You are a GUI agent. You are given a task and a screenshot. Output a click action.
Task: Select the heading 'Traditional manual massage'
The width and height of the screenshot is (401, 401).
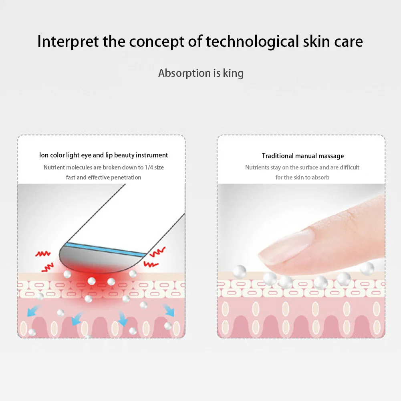(303, 156)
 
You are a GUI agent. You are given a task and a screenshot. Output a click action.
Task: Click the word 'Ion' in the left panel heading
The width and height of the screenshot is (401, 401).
(44, 155)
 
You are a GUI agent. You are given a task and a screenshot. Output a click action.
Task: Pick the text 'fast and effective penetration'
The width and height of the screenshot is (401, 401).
(104, 177)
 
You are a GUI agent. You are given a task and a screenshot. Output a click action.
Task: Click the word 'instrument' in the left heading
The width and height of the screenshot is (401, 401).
(152, 155)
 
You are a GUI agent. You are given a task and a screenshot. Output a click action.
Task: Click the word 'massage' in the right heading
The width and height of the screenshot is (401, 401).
(332, 156)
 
